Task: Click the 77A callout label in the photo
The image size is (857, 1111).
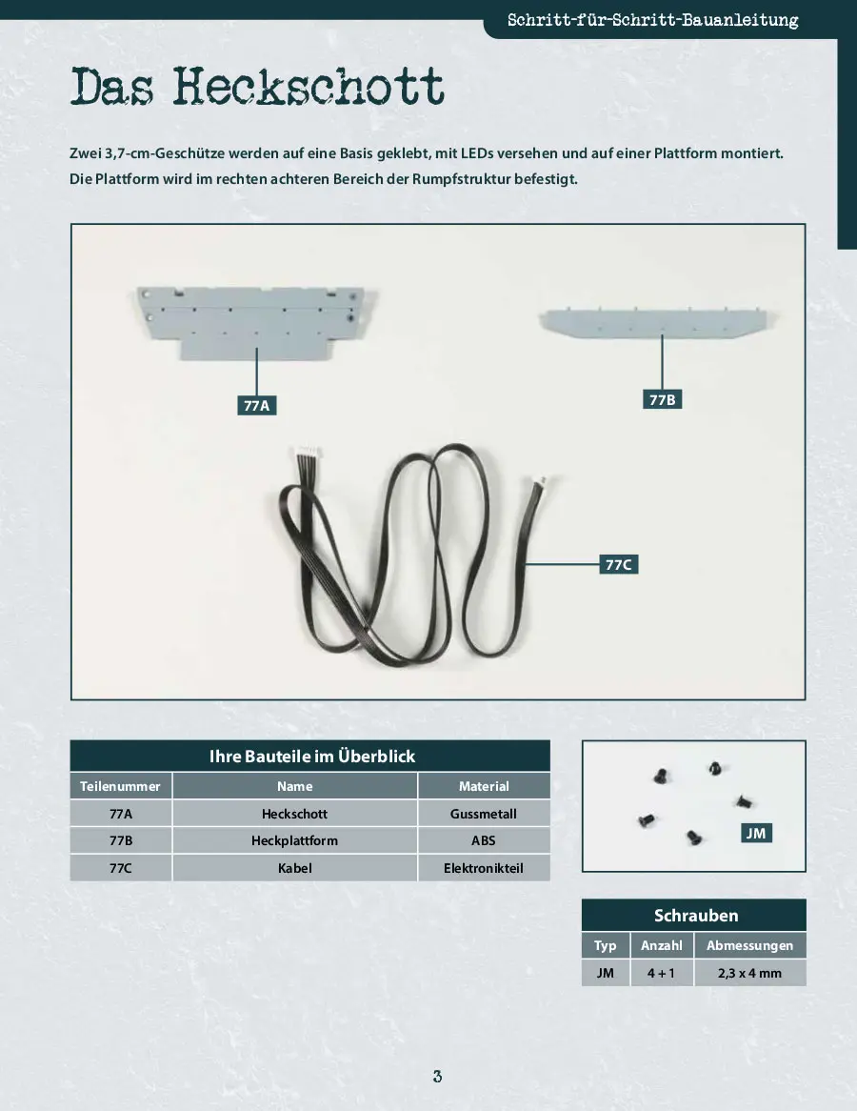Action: pyautogui.click(x=256, y=405)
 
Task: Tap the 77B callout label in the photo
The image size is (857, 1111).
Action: pyautogui.click(x=662, y=399)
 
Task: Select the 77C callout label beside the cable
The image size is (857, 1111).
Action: pyautogui.click(x=618, y=565)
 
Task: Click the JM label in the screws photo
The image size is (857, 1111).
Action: pyautogui.click(x=756, y=833)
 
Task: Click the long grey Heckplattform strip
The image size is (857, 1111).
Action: pyautogui.click(x=659, y=322)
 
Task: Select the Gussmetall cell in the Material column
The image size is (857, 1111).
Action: pyautogui.click(x=484, y=814)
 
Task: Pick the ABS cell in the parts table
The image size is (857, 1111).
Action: pyautogui.click(x=484, y=840)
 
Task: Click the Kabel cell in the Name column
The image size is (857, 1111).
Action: pyautogui.click(x=294, y=868)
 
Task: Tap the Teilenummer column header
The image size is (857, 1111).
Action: pyautogui.click(x=120, y=786)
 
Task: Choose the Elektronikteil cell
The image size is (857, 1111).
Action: pyautogui.click(x=484, y=868)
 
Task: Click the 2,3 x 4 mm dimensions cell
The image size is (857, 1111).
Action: pyautogui.click(x=750, y=973)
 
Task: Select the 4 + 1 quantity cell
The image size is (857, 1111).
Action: pyautogui.click(x=662, y=973)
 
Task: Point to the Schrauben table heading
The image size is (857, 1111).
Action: pyautogui.click(x=695, y=916)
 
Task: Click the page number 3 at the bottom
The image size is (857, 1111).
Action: pyautogui.click(x=438, y=1077)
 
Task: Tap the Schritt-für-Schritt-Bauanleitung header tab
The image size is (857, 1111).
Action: pyautogui.click(x=652, y=20)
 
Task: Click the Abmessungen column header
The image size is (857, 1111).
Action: pyautogui.click(x=750, y=945)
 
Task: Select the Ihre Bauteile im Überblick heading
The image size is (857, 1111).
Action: pyautogui.click(x=311, y=756)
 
